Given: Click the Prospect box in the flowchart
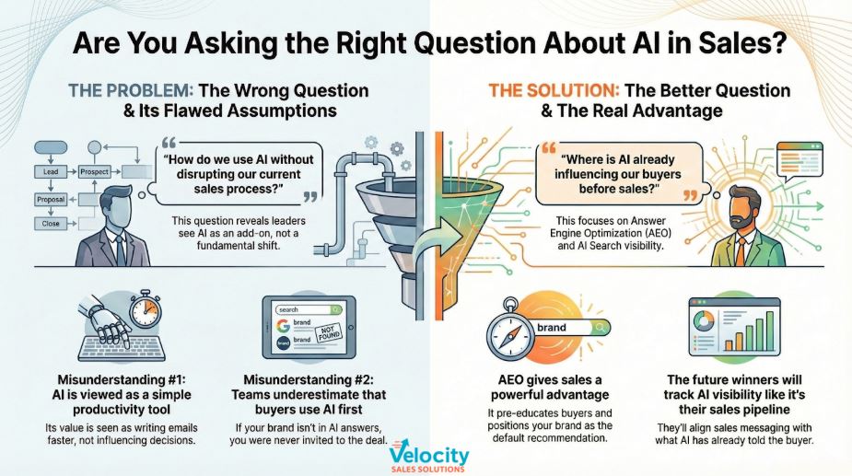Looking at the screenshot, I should coord(95,172).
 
